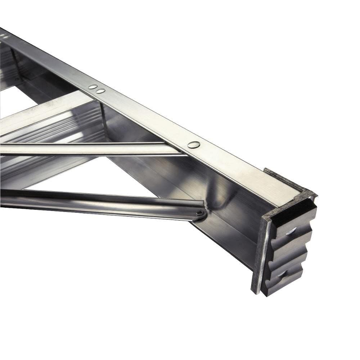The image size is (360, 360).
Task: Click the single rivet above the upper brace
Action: click(194, 145)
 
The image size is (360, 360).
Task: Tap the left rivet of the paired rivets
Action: click(93, 87)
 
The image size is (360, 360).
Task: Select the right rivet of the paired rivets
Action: click(100, 91)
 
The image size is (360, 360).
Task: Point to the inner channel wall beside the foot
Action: click(230, 216)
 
